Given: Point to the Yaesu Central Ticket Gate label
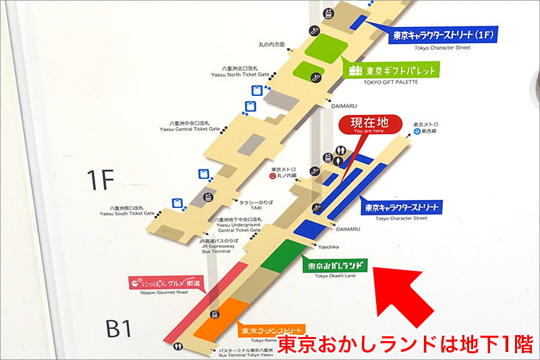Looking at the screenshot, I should tap(190, 126).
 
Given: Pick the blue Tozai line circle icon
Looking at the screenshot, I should tap(418, 132).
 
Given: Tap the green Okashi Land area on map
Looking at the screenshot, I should tap(284, 255).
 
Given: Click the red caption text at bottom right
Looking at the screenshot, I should tap(405, 344).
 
